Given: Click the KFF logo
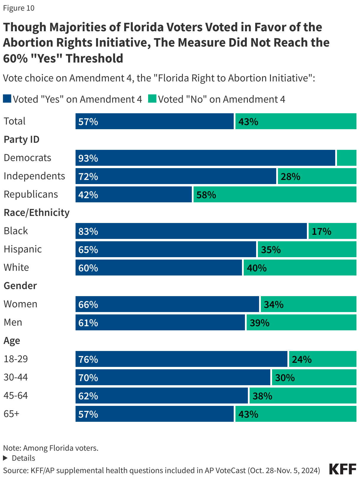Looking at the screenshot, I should pos(343,469).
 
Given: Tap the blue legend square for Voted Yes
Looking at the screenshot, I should pos(7,99).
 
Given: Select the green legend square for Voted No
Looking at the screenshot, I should pos(152,99).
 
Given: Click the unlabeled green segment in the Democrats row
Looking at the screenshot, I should pos(346,158).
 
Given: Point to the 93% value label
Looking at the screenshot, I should pos(88,158).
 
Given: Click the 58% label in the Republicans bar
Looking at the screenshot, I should pos(206,195).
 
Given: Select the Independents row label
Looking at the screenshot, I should pos(34,176).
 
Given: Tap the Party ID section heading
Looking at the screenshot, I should pos(22,140).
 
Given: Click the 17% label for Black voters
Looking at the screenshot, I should pos(321,232).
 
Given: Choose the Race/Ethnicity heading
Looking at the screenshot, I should pos(37,213).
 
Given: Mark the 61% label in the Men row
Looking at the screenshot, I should pos(88,323).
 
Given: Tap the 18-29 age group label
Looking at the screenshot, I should pos(16,359).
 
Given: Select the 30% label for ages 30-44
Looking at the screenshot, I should pos(285,378).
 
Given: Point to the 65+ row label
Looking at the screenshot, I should pos(12,414).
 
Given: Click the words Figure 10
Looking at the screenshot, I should pos(19,8).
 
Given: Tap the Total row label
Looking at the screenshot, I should pos(15,121).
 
